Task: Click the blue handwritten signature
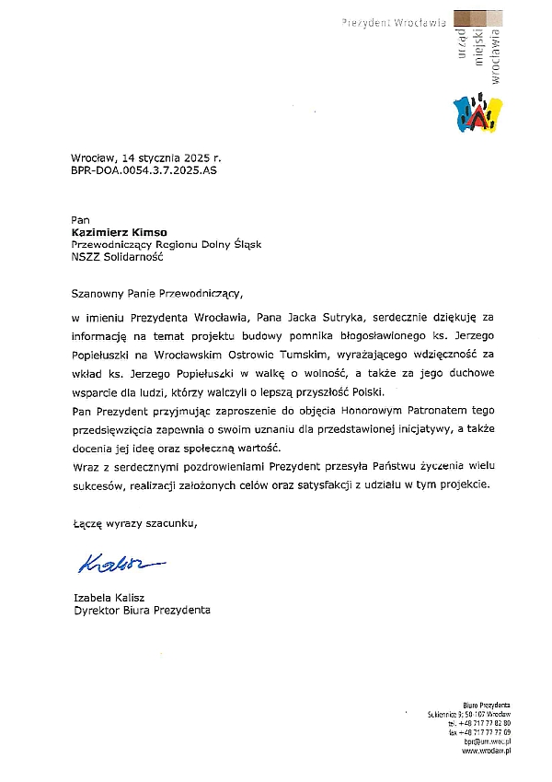117,561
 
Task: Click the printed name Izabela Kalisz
109,598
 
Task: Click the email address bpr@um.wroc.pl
488,741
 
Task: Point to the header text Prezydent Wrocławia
394,19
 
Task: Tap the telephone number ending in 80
480,723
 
